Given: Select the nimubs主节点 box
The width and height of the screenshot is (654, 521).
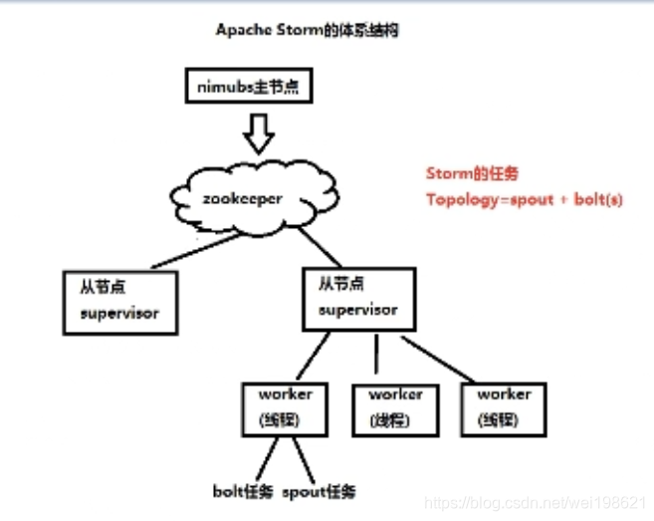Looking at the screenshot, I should coord(250,87).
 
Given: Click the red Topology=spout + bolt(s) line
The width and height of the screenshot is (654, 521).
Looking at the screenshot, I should coord(524,199).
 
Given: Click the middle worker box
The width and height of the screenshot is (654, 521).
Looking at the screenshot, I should coord(394,407).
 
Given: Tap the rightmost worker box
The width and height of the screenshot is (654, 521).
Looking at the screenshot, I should coord(504,407).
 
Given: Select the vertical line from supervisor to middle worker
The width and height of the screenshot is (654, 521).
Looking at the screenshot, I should coord(375,356).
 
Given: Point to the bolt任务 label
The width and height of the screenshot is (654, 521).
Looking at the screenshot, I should coord(243,491).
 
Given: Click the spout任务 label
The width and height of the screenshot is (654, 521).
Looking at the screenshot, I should coord(319,491).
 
